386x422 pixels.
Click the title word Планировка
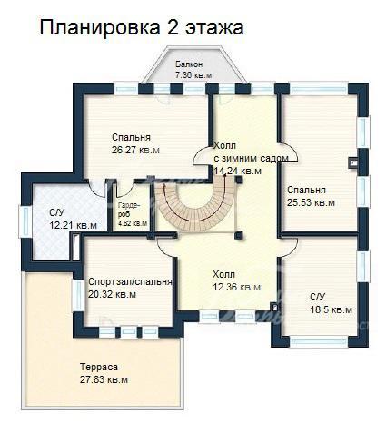coord(100,28)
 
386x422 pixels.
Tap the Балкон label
coord(189,64)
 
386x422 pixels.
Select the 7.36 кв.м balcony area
coord(193,75)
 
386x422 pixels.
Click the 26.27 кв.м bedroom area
coord(135,150)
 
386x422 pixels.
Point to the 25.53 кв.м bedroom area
coord(311,202)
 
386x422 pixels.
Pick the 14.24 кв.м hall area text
coord(238,171)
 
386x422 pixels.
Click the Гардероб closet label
coord(129,210)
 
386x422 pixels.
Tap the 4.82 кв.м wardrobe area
coord(133,223)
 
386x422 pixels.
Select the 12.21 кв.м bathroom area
coord(74,225)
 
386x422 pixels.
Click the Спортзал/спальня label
coord(130,281)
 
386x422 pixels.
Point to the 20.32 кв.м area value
coord(112,294)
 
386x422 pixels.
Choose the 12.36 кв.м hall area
coord(236,287)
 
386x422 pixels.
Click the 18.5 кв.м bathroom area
coord(331,309)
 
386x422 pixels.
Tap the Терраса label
coord(99,367)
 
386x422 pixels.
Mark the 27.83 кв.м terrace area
coord(104,379)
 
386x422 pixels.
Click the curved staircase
coord(194,209)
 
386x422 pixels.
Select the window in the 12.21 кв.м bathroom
coord(25,221)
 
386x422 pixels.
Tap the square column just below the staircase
coord(239,235)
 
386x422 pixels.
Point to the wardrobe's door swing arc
coord(124,189)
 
